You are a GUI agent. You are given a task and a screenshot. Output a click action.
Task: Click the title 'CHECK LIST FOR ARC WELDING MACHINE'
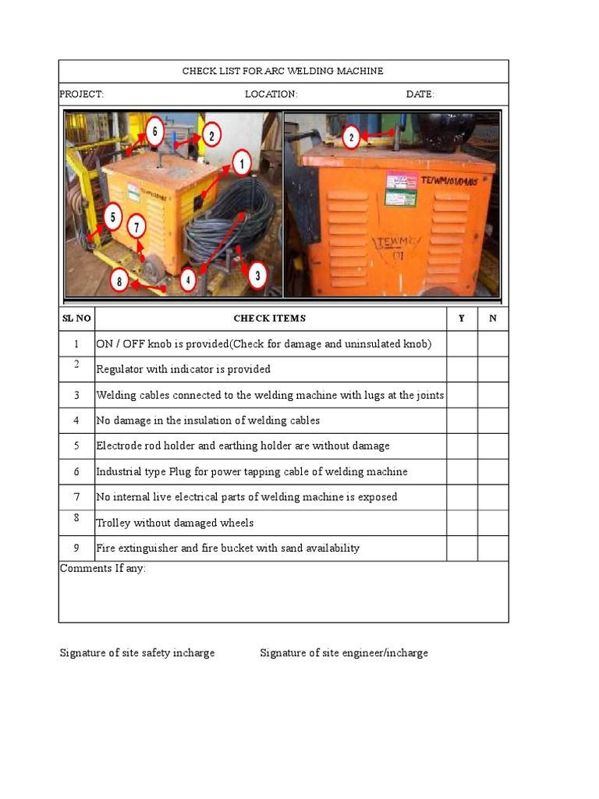pyautogui.click(x=282, y=71)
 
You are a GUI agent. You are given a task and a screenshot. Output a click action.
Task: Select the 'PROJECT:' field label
pyautogui.click(x=82, y=94)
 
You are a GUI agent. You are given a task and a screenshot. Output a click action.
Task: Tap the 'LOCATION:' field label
pyautogui.click(x=271, y=94)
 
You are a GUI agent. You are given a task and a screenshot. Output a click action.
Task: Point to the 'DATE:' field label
pyautogui.click(x=420, y=94)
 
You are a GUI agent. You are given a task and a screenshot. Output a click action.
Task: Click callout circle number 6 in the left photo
pyautogui.click(x=154, y=132)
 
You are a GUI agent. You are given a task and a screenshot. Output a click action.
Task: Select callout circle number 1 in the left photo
pyautogui.click(x=241, y=164)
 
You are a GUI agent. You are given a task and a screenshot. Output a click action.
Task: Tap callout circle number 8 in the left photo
pyautogui.click(x=119, y=281)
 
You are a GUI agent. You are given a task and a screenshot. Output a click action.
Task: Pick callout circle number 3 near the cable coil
pyautogui.click(x=256, y=274)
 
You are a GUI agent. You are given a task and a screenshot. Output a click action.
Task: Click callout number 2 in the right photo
pyautogui.click(x=351, y=137)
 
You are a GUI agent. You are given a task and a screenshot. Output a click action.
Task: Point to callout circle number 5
pyautogui.click(x=113, y=217)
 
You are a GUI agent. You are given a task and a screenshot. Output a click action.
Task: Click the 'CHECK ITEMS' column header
pyautogui.click(x=270, y=318)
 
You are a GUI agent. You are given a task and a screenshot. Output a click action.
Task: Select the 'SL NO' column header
pyautogui.click(x=76, y=318)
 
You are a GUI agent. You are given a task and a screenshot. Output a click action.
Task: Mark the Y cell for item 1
pyautogui.click(x=462, y=344)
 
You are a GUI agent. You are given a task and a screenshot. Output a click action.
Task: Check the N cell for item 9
pyautogui.click(x=493, y=549)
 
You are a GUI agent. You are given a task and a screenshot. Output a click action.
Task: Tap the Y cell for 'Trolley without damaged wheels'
pyautogui.click(x=462, y=523)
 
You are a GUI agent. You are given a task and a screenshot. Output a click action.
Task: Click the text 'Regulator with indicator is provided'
pyautogui.click(x=183, y=369)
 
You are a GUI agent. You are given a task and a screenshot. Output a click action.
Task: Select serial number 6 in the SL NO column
pyautogui.click(x=76, y=471)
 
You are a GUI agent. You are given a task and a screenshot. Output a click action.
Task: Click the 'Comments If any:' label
pyautogui.click(x=103, y=569)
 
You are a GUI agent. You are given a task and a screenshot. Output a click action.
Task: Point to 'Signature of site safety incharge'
pyautogui.click(x=137, y=653)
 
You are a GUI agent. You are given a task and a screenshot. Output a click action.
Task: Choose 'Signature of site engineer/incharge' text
pyautogui.click(x=344, y=653)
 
